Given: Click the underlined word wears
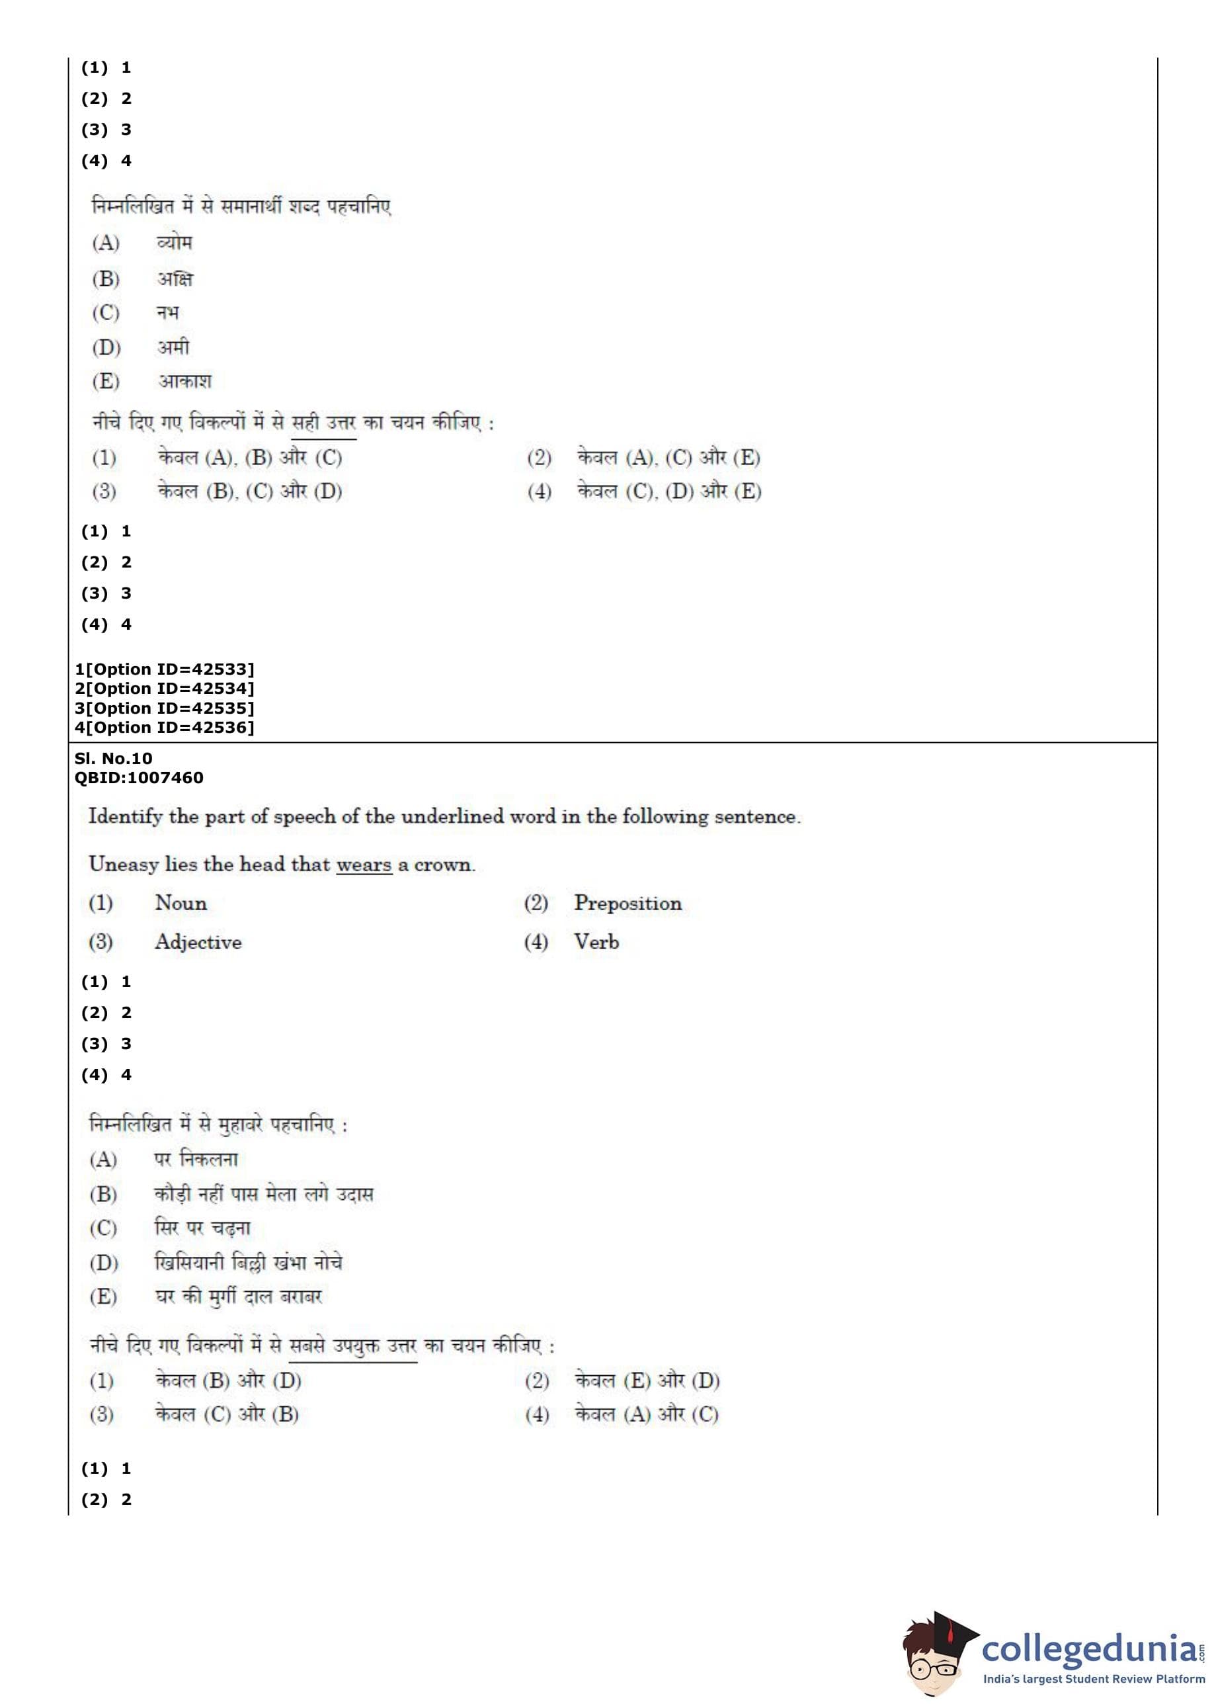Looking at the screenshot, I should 364,865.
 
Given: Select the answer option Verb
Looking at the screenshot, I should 596,941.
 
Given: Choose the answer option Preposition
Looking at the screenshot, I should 627,903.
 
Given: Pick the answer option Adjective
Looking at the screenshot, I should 198,942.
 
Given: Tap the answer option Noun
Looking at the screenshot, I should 181,903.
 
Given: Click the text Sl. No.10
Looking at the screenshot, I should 113,758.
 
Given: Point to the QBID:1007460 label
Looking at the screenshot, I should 138,778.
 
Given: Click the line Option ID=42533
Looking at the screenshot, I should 165,669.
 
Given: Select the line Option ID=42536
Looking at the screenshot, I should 165,728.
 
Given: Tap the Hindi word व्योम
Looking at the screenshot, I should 175,242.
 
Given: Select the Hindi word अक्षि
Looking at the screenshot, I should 175,279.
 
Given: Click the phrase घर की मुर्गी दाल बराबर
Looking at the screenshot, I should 239,1297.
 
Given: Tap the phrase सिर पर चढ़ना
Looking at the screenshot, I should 202,1228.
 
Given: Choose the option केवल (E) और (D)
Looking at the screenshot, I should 647,1381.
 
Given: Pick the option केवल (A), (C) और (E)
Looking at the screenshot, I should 668,458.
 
